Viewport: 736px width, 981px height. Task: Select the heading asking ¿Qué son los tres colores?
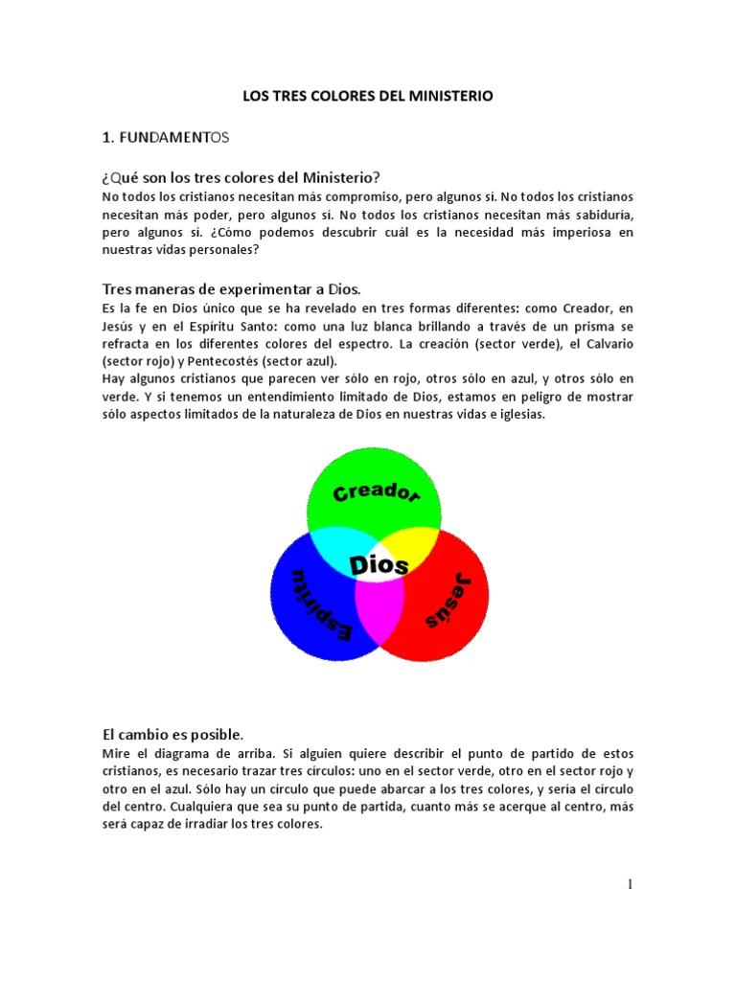coord(241,177)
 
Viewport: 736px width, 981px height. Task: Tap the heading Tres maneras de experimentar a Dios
coord(231,289)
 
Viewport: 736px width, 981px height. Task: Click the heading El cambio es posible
coord(173,735)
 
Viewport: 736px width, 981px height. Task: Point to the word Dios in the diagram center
coord(379,565)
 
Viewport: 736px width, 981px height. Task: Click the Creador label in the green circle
coord(376,493)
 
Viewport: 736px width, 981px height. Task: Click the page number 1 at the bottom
coord(630,884)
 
